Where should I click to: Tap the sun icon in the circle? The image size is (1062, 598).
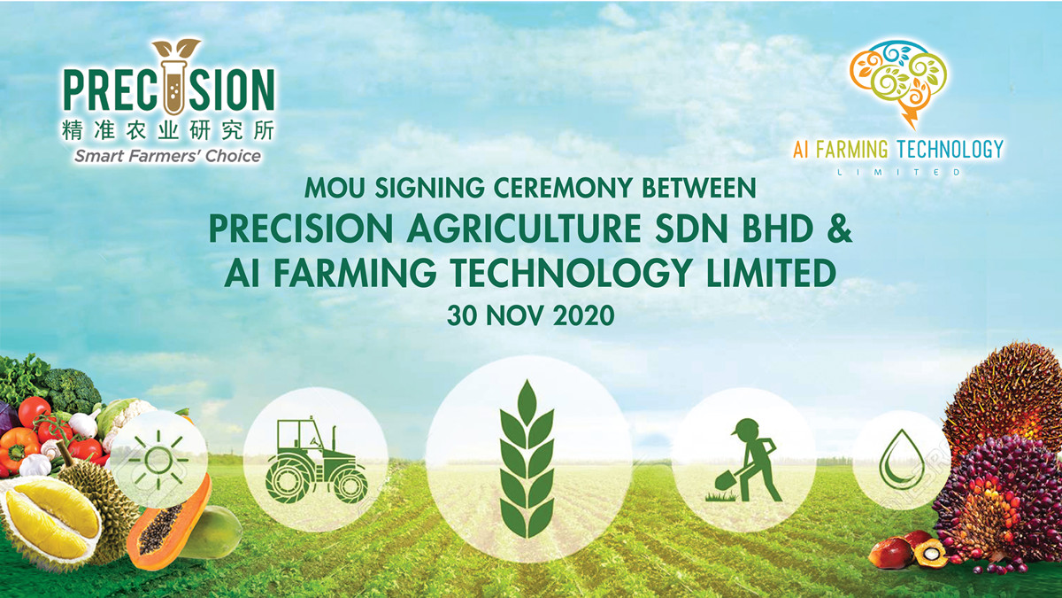click(x=158, y=459)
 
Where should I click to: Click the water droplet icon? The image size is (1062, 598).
click(x=902, y=460)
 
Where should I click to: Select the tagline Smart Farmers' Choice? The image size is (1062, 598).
click(x=168, y=156)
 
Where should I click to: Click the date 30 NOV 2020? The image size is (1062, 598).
click(x=530, y=315)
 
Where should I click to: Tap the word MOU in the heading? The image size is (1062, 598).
click(x=335, y=188)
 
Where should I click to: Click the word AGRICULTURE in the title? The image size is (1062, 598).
click(x=524, y=229)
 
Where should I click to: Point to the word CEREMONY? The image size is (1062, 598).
click(x=563, y=188)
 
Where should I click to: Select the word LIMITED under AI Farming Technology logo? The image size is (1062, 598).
click(x=899, y=172)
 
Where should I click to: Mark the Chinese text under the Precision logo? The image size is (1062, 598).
click(x=168, y=130)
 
